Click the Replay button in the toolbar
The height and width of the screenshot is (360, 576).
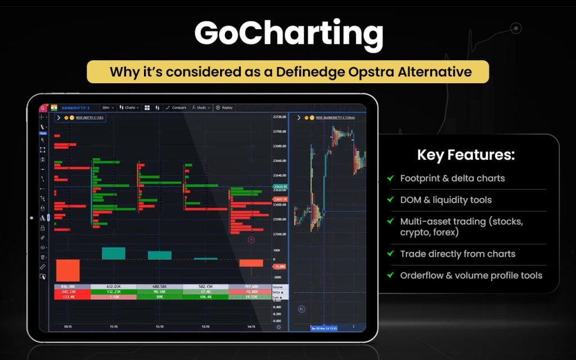tap(224, 107)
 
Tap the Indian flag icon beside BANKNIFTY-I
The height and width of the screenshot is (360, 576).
tap(54, 107)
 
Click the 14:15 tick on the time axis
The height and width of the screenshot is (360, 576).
tap(250, 326)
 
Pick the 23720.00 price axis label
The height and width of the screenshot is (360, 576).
tap(280, 117)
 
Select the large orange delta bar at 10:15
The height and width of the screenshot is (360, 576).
tap(68, 270)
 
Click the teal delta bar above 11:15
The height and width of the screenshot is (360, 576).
tap(113, 253)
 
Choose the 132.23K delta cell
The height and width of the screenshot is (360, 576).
tap(114, 292)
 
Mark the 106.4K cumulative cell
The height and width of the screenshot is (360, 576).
tap(205, 296)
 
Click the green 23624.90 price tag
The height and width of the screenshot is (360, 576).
tap(280, 187)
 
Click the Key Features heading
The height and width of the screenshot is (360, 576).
tap(466, 155)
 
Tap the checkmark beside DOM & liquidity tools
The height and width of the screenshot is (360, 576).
tap(390, 200)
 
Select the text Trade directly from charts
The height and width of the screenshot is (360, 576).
tap(457, 254)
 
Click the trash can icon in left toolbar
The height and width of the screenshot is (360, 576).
tap(43, 256)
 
